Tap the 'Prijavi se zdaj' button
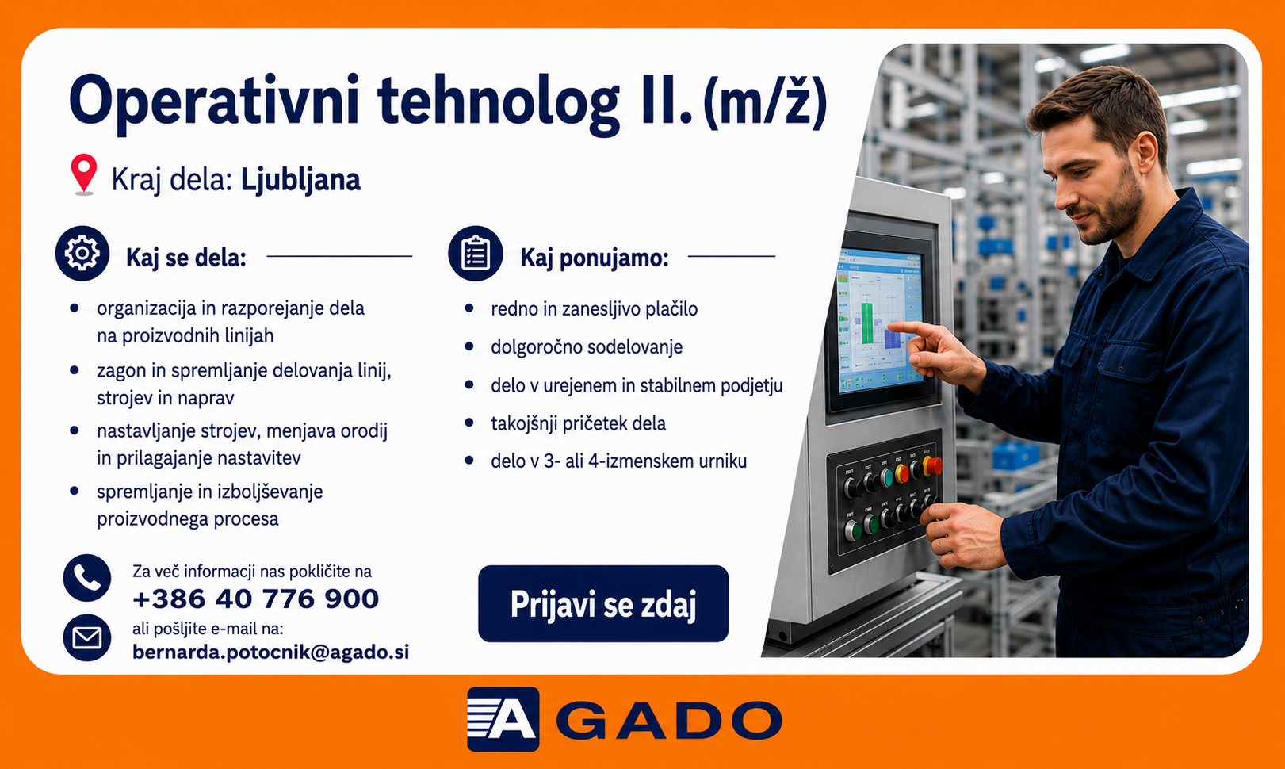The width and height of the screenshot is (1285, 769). pos(603,603)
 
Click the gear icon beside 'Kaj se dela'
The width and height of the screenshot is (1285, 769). pos(82,253)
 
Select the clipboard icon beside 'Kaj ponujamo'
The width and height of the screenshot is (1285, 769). pos(475,253)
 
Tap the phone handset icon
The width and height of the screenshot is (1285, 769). pos(87,578)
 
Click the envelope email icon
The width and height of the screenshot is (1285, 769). pos(87,637)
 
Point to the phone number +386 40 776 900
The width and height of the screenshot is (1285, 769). pos(255,599)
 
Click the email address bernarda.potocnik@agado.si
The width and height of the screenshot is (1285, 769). pos(271,652)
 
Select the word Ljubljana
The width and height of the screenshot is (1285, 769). pos(300,180)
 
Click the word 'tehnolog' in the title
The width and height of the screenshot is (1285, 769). pos(499,102)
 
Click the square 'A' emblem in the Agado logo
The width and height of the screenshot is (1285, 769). pos(503,719)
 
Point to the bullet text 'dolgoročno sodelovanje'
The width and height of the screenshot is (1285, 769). pos(587,347)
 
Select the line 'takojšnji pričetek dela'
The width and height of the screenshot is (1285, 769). pos(578,423)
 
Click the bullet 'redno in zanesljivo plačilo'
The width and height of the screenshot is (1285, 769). pos(595,309)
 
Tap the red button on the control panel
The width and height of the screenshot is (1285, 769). pos(934,465)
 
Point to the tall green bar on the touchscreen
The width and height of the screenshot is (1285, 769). pos(866,323)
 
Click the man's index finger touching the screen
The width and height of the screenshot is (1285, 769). pos(905,329)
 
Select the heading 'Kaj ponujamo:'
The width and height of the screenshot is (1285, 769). pos(595,258)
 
